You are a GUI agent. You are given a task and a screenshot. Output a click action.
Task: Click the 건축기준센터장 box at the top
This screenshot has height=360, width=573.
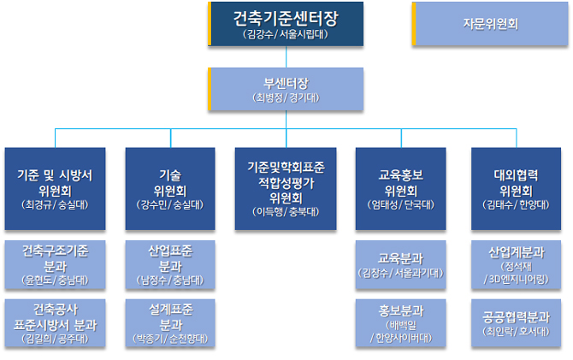pos(286,23)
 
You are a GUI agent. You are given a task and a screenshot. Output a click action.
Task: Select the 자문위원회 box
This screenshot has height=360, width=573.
pos(491,24)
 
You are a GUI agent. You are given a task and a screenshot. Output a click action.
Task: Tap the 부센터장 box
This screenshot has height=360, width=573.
pos(286,90)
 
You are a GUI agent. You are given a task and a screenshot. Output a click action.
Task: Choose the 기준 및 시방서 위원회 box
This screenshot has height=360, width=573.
pos(55,188)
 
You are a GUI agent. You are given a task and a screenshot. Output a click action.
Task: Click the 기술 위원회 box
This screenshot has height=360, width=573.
pos(169,188)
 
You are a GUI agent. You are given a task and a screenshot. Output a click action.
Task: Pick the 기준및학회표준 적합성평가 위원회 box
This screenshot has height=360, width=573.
pos(286,188)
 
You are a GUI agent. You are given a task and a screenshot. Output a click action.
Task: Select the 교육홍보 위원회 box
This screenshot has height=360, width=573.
pos(400,188)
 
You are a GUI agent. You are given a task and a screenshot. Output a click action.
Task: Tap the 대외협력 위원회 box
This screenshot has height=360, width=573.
pos(516,188)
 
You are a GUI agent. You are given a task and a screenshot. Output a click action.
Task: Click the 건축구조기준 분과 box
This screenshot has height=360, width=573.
pos(55,265)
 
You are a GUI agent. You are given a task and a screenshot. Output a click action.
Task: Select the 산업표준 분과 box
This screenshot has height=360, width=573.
pos(169,265)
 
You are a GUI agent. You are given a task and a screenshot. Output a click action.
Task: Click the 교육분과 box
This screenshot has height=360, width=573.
pos(400,265)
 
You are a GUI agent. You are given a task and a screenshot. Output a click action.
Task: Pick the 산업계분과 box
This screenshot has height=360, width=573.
pos(516,265)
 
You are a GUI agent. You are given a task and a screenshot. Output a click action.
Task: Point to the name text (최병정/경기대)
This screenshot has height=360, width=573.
pos(286,98)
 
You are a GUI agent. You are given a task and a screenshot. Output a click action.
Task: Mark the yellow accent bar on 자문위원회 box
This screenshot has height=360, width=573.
pos(414,24)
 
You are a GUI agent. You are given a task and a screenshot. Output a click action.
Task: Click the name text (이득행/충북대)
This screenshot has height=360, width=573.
pos(286,210)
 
